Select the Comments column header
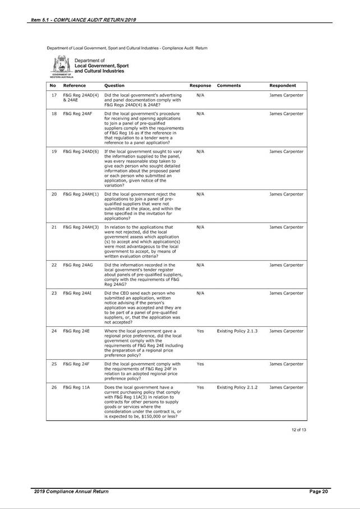pyautogui.click(x=228, y=86)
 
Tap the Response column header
pyautogui.click(x=200, y=86)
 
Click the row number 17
pyautogui.click(x=54, y=95)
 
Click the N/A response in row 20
pyautogui.click(x=200, y=194)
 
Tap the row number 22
pyautogui.click(x=54, y=265)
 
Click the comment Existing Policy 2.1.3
pyautogui.click(x=237, y=331)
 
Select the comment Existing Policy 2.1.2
pyautogui.click(x=237, y=387)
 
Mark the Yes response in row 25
pyautogui.click(x=200, y=364)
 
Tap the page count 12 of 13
pyautogui.click(x=298, y=429)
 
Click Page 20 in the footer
pyautogui.click(x=318, y=492)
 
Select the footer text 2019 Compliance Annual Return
pyautogui.click(x=71, y=492)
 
